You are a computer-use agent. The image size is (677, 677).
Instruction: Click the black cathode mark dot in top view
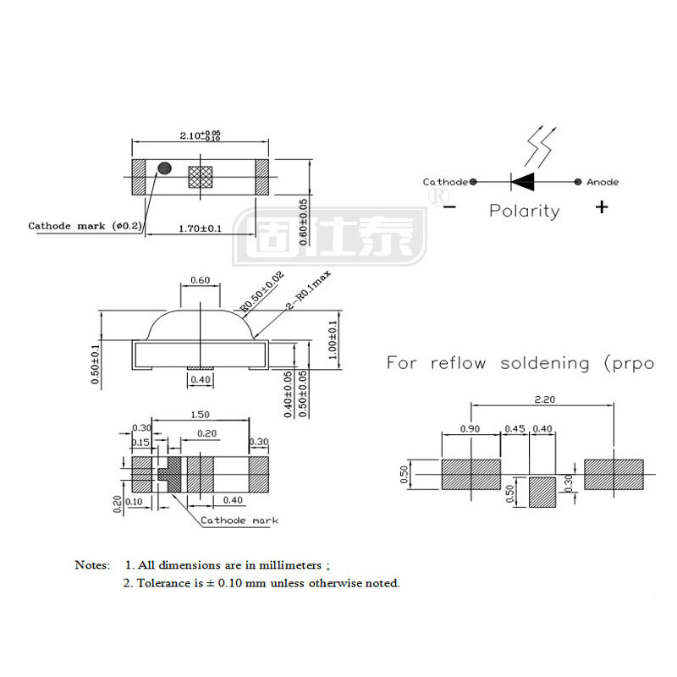(x=164, y=168)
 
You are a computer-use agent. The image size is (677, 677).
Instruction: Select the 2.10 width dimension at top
(x=200, y=135)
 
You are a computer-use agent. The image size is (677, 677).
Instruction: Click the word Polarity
(x=525, y=211)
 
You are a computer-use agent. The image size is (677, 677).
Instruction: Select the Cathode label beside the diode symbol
(x=445, y=182)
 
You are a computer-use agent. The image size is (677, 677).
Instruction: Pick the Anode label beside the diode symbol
(x=603, y=182)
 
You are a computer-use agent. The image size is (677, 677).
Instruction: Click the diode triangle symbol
(x=523, y=181)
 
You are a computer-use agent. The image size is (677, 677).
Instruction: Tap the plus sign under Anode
(x=602, y=206)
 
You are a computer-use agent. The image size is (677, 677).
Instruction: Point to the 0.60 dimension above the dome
(x=201, y=280)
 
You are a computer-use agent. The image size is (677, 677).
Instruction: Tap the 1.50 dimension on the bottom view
(x=201, y=416)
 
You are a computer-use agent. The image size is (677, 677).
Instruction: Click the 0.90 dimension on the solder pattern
(x=471, y=429)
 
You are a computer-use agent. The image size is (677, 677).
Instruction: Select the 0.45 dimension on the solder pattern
(x=515, y=429)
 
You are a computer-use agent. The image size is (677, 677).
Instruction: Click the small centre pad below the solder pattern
(x=543, y=493)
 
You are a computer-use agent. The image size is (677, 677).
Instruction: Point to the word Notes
(x=92, y=564)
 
